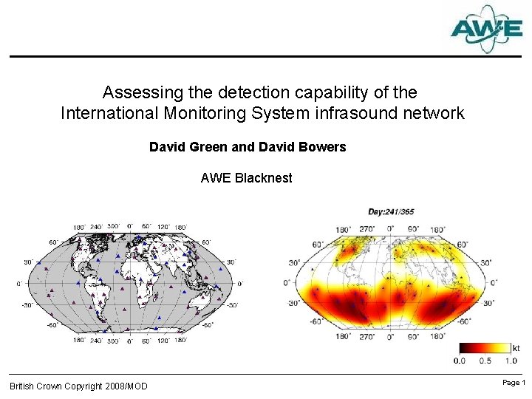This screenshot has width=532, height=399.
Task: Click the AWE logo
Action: pos(486,29)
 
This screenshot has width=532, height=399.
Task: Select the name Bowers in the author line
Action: pos(320,147)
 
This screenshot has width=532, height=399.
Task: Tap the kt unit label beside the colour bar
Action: pos(516,347)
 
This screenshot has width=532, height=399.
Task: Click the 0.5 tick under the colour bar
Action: pos(485,361)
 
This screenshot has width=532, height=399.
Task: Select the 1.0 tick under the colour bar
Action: pos(511,361)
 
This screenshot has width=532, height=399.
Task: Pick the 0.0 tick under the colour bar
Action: pos(459,361)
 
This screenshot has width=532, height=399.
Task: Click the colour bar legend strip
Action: pos(485,347)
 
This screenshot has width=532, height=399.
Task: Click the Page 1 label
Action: pos(513,383)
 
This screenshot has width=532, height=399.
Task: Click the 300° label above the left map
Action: pos(113,227)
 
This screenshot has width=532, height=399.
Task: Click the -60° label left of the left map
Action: pos(52,324)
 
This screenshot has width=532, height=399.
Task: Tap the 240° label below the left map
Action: pos(95,341)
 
